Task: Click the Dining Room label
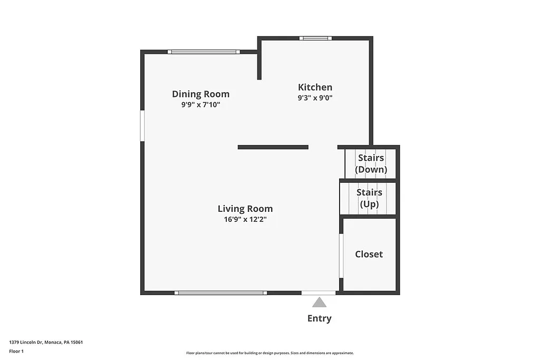pos(200,94)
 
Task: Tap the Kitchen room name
pos(315,87)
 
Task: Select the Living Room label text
pos(245,209)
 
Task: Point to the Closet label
pos(369,254)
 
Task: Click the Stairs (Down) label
pos(371,163)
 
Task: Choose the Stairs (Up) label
pos(369,198)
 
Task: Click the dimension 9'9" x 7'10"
pos(200,105)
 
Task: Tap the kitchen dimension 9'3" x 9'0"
pos(315,98)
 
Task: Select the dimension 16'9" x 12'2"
pos(245,219)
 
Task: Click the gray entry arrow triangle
pos(319,302)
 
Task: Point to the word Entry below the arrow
pos(319,318)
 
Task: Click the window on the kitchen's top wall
pos(315,38)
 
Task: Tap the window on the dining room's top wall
pos(204,52)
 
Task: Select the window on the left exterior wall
pos(142,125)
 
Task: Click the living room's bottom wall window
pos(220,293)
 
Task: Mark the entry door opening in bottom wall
pos(319,293)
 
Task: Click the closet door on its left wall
pos(341,256)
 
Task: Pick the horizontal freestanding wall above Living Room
pos(273,147)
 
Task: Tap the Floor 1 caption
pos(16,351)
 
